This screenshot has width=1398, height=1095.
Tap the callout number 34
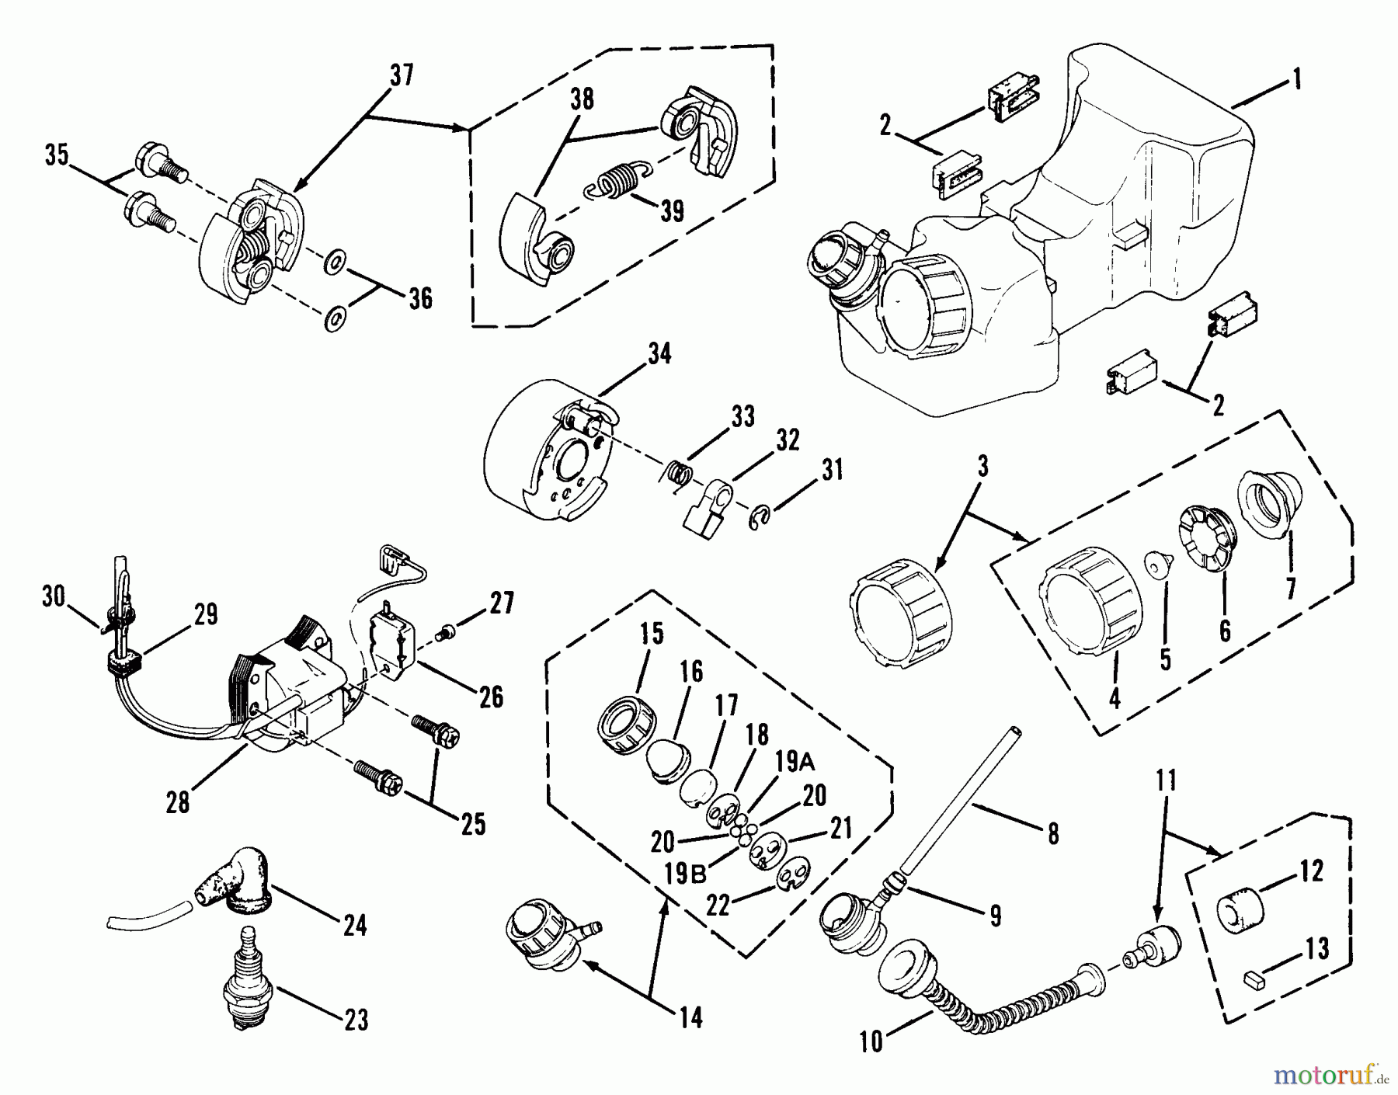pyautogui.click(x=659, y=354)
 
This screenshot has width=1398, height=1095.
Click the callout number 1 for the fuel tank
pyautogui.click(x=1293, y=79)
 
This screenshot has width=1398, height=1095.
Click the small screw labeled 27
pyautogui.click(x=448, y=634)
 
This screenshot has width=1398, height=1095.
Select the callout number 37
pyautogui.click(x=402, y=75)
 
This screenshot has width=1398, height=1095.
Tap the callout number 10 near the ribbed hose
pyautogui.click(x=872, y=1041)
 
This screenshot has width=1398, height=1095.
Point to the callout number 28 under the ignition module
pyautogui.click(x=178, y=801)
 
